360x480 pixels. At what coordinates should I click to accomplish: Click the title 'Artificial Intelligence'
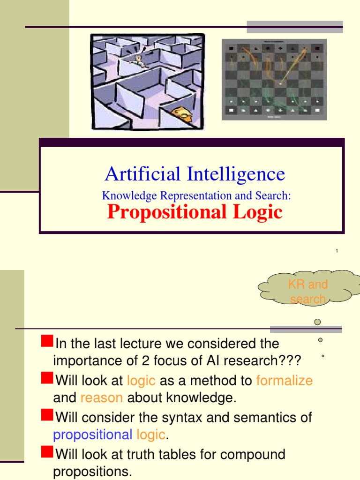coord(195,174)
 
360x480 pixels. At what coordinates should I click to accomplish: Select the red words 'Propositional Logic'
coord(195,212)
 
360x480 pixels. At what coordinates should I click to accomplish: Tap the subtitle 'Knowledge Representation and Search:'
coord(196,196)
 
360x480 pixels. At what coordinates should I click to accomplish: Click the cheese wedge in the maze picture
coord(180,113)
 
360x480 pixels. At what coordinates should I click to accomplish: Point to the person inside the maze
coord(138,60)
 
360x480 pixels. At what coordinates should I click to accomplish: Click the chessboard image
coord(274,79)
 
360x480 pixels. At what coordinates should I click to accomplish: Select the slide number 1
coord(337,252)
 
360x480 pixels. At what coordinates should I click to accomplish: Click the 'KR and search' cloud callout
coord(308,291)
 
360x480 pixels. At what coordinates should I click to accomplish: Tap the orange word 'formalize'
coord(284,380)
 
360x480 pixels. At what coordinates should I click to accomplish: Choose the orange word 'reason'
coord(101,398)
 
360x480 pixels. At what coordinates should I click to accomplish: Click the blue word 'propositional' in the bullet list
coord(93,435)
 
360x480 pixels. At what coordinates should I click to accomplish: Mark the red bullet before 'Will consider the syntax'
coord(47,415)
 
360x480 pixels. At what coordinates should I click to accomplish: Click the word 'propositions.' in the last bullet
coord(93,472)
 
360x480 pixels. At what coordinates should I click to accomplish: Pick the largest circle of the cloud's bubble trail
coord(317,322)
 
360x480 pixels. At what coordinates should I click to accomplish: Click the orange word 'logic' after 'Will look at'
coord(141,380)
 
